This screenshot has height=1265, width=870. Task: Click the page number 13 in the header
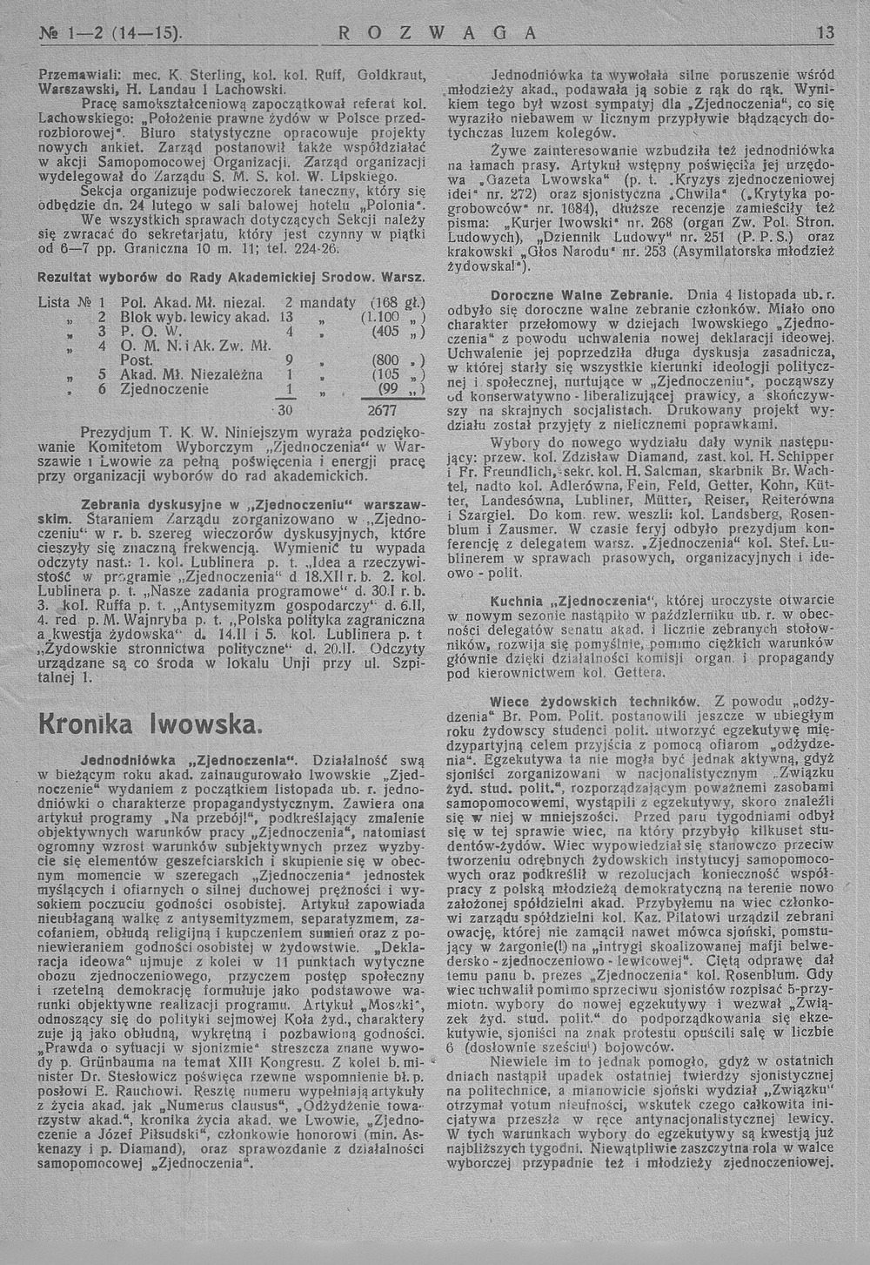click(825, 34)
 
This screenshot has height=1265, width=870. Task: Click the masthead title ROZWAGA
click(431, 34)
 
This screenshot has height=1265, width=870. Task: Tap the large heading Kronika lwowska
click(149, 723)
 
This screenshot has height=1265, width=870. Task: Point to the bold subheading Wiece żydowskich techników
click(592, 700)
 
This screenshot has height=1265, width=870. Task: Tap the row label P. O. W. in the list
click(139, 332)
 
